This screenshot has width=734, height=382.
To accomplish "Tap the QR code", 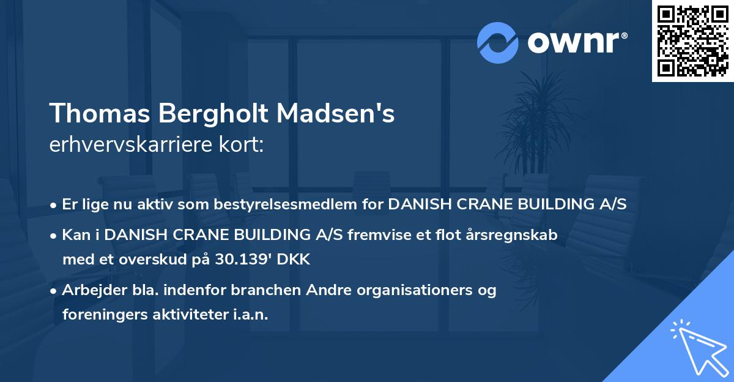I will click(692, 40).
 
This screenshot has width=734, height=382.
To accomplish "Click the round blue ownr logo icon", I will click(498, 43).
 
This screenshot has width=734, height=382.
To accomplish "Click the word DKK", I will click(294, 260).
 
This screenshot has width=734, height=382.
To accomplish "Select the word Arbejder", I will click(89, 290).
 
